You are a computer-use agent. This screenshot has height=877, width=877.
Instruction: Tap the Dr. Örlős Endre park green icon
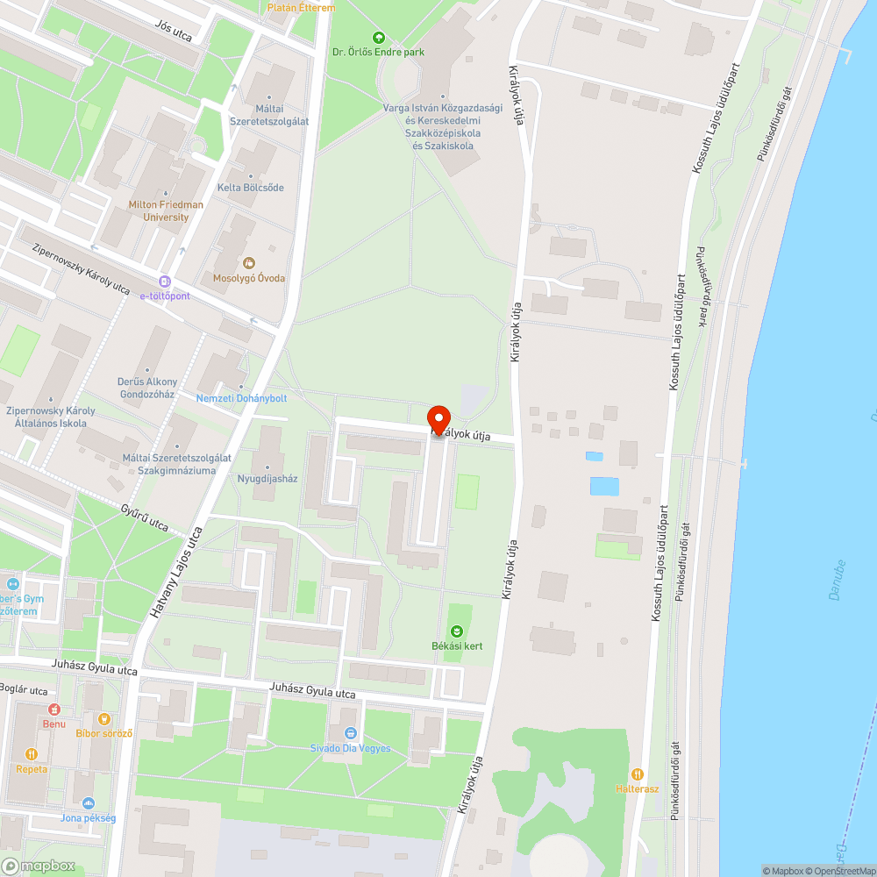tap(378, 38)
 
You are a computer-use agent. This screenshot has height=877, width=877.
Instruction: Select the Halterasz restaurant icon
tap(638, 774)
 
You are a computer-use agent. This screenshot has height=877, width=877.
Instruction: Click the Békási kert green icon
tap(456, 631)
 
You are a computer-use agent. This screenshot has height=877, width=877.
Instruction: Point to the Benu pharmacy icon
tap(54, 709)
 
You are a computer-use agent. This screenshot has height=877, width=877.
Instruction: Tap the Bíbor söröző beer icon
tap(105, 719)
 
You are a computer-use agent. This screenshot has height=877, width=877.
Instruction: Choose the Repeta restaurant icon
tap(32, 754)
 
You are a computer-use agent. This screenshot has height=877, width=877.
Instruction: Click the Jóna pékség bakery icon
tap(88, 803)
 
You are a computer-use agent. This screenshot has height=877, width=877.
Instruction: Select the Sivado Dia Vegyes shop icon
tap(351, 733)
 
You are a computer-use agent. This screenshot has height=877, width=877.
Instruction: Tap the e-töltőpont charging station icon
tap(164, 282)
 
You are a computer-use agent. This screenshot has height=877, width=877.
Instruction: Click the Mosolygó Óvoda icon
tap(249, 263)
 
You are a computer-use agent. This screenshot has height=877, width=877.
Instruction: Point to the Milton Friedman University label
tap(165, 210)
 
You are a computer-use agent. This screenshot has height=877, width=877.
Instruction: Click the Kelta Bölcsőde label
tap(251, 188)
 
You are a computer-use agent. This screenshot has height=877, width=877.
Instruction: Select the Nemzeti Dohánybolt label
tap(241, 398)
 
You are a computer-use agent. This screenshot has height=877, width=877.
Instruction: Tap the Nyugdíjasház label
tap(268, 479)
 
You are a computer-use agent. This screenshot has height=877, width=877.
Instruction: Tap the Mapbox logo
tap(39, 866)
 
